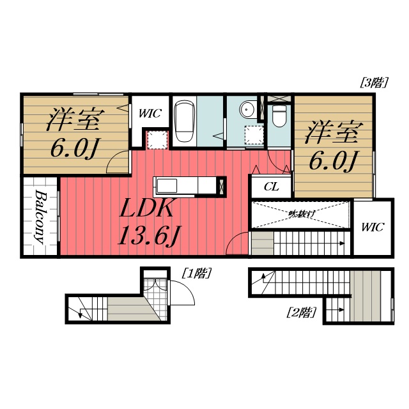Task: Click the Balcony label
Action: [x=40, y=217]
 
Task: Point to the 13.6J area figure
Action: [x=146, y=236]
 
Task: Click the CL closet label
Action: [x=271, y=187]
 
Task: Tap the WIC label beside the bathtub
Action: [x=150, y=114]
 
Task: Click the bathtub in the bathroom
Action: [x=184, y=121]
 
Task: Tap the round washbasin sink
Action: [x=248, y=111]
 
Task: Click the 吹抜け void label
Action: [x=300, y=213]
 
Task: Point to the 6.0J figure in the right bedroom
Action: [x=333, y=160]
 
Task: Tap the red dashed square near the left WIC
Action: [x=155, y=139]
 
